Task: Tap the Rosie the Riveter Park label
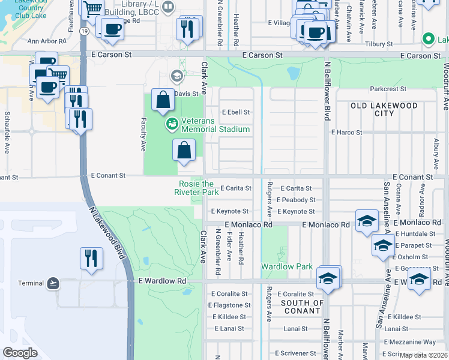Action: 196,188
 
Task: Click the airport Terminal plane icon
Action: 53,283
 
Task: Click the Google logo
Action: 20,352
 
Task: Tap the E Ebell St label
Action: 235,112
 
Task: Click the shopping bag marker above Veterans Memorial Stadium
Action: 163,100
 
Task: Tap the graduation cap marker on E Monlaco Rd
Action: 367,221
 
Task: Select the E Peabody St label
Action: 296,200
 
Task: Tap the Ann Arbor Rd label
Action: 45,42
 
